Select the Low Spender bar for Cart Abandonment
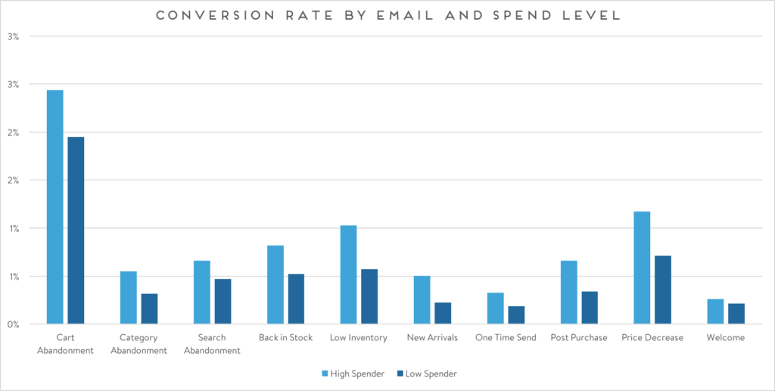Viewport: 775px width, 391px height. click(x=76, y=230)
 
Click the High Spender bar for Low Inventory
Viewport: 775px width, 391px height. click(x=348, y=274)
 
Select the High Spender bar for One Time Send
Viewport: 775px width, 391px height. click(x=495, y=308)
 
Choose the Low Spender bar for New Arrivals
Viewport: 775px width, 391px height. click(x=443, y=313)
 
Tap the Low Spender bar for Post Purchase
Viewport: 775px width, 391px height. click(x=590, y=308)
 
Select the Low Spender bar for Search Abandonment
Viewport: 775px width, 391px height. click(x=223, y=302)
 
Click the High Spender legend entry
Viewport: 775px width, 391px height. click(x=355, y=374)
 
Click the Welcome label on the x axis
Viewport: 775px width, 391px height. click(x=725, y=337)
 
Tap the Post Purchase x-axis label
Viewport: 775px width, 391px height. click(x=579, y=337)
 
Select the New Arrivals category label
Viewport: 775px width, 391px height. click(x=431, y=337)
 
